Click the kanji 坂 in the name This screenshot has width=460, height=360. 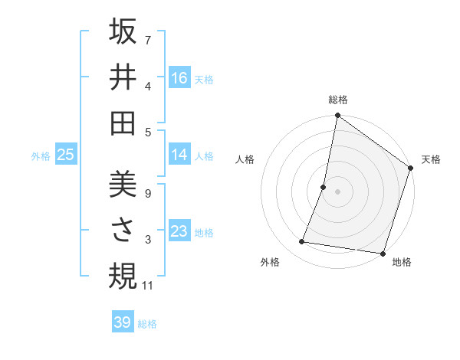pyautogui.click(x=123, y=33)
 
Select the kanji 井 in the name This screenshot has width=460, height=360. pyautogui.click(x=123, y=77)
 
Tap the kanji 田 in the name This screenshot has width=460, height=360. pyautogui.click(x=123, y=123)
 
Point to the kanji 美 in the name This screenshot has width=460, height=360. pyautogui.click(x=123, y=186)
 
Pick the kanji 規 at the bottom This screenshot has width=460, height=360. pyautogui.click(x=123, y=276)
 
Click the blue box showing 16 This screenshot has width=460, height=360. pyautogui.click(x=179, y=78)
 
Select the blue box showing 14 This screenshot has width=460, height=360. pyautogui.click(x=179, y=155)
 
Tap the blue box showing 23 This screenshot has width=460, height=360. pyautogui.click(x=179, y=231)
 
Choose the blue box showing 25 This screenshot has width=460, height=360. pyautogui.click(x=66, y=155)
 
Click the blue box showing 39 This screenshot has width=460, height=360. pyautogui.click(x=123, y=322)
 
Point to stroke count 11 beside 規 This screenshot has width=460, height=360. pyautogui.click(x=148, y=286)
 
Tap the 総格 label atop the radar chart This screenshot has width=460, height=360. pyautogui.click(x=337, y=100)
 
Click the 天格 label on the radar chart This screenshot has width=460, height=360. pyautogui.click(x=431, y=159)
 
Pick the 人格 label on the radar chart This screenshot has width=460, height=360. pyautogui.click(x=245, y=159)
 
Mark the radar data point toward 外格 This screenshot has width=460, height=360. pyautogui.click(x=302, y=242)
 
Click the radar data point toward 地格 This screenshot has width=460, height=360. pyautogui.click(x=383, y=253)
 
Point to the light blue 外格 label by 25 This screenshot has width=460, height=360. pyautogui.click(x=41, y=155)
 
